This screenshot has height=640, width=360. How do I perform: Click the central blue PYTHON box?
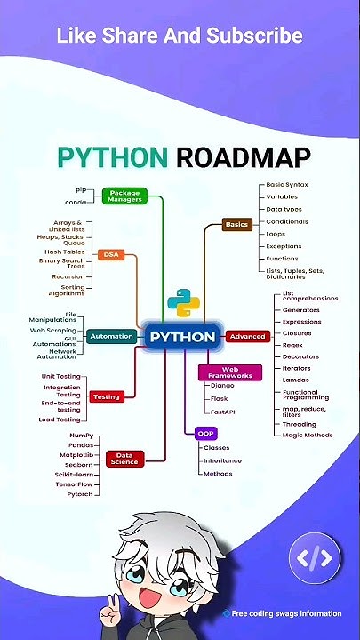pyautogui.click(x=182, y=337)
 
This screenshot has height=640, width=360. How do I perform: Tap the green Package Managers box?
pyautogui.click(x=125, y=196)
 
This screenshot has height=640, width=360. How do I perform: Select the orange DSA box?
pyautogui.click(x=111, y=255)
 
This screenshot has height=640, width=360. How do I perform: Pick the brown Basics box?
pyautogui.click(x=237, y=225)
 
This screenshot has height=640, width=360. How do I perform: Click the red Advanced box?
pyautogui.click(x=248, y=336)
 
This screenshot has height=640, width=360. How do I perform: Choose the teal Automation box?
pyautogui.click(x=111, y=336)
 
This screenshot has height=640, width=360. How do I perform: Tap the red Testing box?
pyautogui.click(x=107, y=396)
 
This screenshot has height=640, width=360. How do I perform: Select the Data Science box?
pyautogui.click(x=125, y=459)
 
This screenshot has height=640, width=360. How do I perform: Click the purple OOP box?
pyautogui.click(x=205, y=433)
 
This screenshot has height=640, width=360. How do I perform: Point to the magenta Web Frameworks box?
pyautogui.click(x=230, y=372)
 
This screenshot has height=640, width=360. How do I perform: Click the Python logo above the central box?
pyautogui.click(x=184, y=303)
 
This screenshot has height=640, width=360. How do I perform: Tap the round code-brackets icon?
pyautogui.click(x=315, y=558)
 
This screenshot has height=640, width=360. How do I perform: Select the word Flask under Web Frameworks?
pyautogui.click(x=220, y=399)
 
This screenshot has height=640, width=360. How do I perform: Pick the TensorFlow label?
pyautogui.click(x=74, y=484)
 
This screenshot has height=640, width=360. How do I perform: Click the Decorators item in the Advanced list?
pyautogui.click(x=300, y=356)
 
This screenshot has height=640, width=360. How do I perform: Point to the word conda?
pyautogui.click(x=76, y=203)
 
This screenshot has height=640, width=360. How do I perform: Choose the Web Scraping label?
pyautogui.click(x=53, y=330)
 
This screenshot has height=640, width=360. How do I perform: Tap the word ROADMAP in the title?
pyautogui.click(x=244, y=157)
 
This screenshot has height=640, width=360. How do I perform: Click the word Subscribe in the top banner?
pyautogui.click(x=254, y=36)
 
